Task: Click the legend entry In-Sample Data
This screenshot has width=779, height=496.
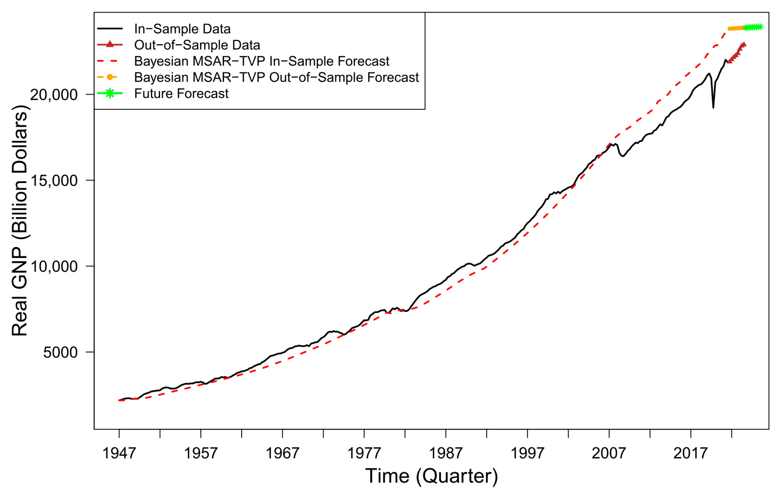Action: (x=182, y=29)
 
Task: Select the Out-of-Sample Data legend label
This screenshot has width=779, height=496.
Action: (x=197, y=45)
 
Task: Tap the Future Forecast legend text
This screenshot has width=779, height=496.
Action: (x=181, y=93)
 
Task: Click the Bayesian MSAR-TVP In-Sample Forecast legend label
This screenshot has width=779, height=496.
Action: (x=261, y=61)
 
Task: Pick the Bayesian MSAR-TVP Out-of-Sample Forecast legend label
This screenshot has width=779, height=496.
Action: (x=276, y=77)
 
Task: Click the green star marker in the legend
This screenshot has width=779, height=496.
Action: (x=110, y=93)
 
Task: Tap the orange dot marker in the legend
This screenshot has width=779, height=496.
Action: (x=110, y=77)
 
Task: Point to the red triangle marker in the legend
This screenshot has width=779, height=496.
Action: (x=110, y=44)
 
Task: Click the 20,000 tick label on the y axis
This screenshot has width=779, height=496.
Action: (x=54, y=95)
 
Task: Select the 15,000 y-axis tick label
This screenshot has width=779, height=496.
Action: (x=54, y=181)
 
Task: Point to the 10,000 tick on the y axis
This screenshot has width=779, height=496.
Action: (x=54, y=266)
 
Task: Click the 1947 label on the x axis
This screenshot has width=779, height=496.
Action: (x=119, y=453)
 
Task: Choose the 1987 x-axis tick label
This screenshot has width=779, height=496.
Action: (x=445, y=453)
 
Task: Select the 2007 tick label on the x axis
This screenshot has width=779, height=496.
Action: (x=609, y=453)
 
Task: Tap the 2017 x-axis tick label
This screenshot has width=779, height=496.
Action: (x=690, y=453)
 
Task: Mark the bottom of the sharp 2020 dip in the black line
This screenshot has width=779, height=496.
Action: (x=713, y=108)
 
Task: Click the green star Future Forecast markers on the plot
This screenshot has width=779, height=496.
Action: (x=753, y=27)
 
